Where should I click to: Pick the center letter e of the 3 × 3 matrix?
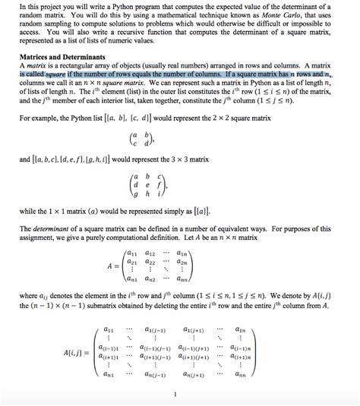(175, 183)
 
